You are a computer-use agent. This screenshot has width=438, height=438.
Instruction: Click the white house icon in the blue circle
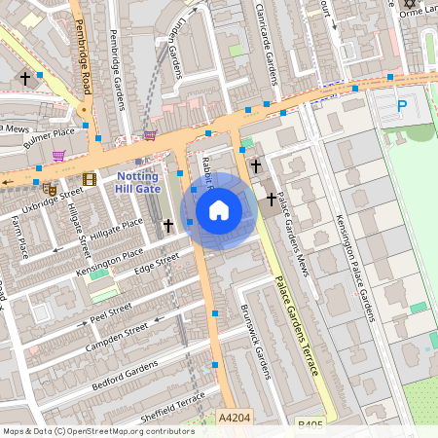pos(219,209)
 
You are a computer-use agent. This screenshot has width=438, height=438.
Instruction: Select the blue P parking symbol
pos(402,105)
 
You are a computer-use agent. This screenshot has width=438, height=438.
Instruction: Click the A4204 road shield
pos(236,417)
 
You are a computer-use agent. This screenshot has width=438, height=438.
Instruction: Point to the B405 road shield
pos(310,424)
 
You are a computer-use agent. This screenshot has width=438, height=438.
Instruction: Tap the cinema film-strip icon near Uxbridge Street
pos(90,178)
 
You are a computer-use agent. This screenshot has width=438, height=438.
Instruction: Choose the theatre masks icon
pos(49,188)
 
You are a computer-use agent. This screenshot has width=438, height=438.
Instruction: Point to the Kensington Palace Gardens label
pos(354,267)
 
